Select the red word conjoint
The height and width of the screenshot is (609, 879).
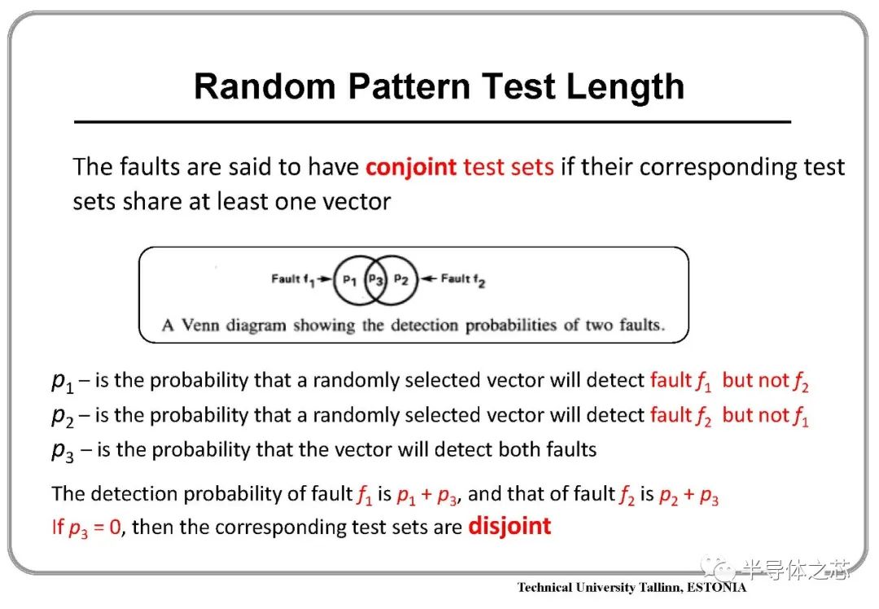point(411,167)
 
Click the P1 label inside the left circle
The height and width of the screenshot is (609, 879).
point(349,280)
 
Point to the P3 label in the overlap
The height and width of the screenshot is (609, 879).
point(375,279)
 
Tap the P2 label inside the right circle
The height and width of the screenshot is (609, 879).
point(400,279)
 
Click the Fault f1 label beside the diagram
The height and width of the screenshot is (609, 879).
point(293,279)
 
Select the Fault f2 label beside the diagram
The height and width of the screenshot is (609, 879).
point(463,279)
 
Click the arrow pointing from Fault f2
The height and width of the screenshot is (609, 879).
point(429,278)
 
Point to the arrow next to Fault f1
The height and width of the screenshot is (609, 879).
point(325,278)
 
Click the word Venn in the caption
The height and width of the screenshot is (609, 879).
point(200,325)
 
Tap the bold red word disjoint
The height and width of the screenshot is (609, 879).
point(509,526)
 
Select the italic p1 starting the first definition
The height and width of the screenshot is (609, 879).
point(62,381)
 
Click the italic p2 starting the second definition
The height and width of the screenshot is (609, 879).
point(62,416)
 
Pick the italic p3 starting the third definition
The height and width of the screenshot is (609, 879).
point(62,451)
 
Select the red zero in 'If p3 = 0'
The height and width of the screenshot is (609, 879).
point(115,527)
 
